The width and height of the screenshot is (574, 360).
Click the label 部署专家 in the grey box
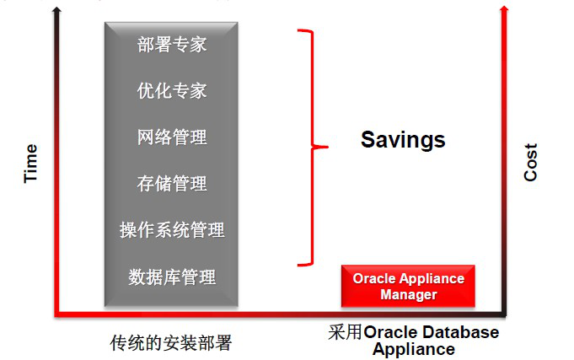(x=172, y=45)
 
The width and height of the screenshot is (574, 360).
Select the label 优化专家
(x=172, y=90)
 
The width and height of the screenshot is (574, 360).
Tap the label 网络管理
(x=172, y=137)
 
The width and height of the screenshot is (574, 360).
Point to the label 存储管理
(x=172, y=184)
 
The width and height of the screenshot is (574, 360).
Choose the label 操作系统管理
(x=172, y=230)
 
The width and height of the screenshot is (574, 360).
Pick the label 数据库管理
(x=172, y=277)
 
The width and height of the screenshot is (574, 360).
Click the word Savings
(x=403, y=140)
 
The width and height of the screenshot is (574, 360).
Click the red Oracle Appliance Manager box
(x=408, y=286)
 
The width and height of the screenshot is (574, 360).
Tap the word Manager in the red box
(x=409, y=294)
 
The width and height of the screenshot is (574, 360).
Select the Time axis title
(x=30, y=164)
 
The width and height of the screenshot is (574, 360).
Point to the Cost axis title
(x=531, y=162)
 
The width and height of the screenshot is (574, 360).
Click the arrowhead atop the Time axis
(x=56, y=8)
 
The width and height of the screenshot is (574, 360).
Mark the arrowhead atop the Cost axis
(x=504, y=8)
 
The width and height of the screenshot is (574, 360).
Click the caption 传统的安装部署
(x=171, y=343)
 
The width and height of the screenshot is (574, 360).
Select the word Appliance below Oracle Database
(x=414, y=349)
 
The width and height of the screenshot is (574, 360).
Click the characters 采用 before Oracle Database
(x=346, y=332)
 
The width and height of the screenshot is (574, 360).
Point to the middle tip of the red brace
(x=328, y=147)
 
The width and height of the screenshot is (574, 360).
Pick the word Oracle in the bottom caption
(x=391, y=332)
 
